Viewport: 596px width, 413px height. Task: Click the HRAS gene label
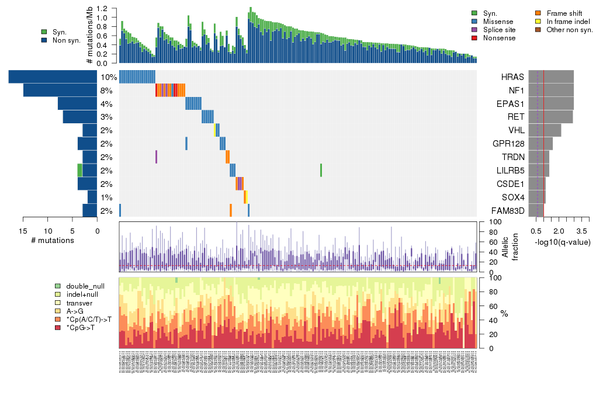point(512,77)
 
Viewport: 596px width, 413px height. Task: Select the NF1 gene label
point(515,91)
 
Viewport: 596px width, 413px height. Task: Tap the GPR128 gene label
point(509,144)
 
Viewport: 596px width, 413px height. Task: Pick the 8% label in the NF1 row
point(106,91)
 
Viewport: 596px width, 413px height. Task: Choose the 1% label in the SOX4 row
point(106,197)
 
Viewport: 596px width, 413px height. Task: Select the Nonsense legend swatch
point(474,38)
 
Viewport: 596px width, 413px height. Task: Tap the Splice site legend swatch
point(474,30)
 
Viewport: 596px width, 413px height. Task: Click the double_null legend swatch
point(57,286)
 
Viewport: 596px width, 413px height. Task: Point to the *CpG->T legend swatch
point(57,327)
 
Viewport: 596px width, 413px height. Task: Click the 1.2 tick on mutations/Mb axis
point(103,9)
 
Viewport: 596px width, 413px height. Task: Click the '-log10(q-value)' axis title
point(562,242)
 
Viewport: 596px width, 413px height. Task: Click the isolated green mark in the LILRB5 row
point(321,170)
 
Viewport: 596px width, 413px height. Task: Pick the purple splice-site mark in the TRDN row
point(156,157)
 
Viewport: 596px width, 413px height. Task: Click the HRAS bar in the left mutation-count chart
point(53,77)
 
